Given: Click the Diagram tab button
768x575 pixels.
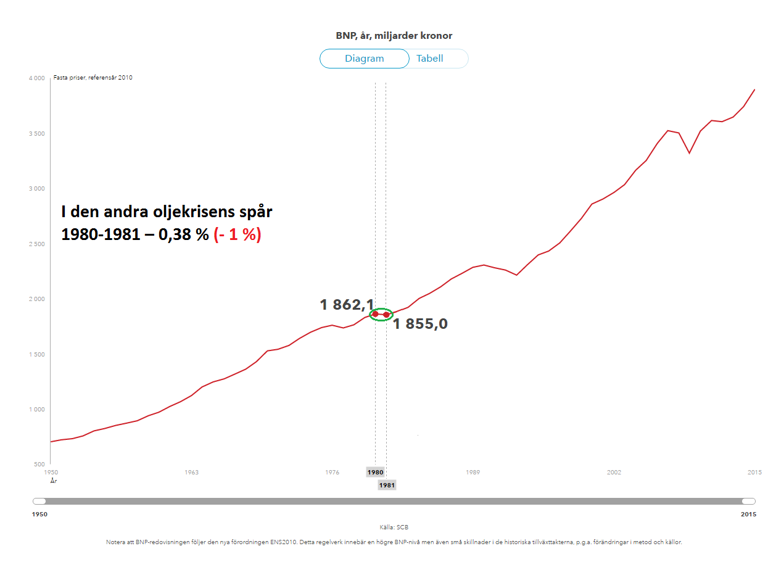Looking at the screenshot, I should (x=364, y=59).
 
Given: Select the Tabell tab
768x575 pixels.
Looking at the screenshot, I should (x=430, y=59).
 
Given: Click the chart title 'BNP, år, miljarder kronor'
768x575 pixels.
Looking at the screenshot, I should (x=394, y=36).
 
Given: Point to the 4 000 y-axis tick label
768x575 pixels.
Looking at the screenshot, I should (x=36, y=78).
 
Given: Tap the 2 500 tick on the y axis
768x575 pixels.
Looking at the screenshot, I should (x=36, y=244).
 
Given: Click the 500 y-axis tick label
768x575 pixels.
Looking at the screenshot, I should (x=40, y=465).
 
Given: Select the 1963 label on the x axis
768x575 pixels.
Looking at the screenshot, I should (x=191, y=473).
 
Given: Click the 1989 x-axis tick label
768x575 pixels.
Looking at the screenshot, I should (x=473, y=473).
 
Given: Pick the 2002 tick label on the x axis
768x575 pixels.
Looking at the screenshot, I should (x=614, y=473).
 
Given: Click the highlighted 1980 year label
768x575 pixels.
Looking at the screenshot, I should (x=375, y=473).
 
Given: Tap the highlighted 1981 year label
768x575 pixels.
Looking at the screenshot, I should (x=387, y=486).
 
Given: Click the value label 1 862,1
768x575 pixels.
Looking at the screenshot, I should (x=346, y=304).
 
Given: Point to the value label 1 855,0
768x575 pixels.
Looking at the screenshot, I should (x=420, y=325).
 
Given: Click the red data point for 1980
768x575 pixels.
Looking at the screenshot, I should (x=375, y=314).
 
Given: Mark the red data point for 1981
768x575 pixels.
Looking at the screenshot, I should (x=386, y=315).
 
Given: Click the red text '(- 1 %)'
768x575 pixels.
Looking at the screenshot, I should (x=237, y=235).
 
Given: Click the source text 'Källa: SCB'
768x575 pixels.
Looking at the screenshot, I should (x=394, y=527).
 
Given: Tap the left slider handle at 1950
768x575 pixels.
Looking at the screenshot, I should (x=39, y=502).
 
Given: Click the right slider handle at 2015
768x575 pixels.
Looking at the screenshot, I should (x=748, y=502).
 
